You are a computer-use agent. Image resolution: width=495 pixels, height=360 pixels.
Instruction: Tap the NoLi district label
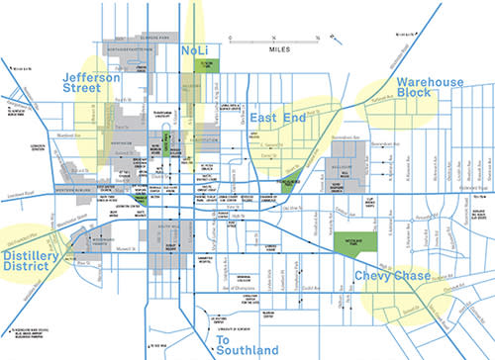point(196,48)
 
